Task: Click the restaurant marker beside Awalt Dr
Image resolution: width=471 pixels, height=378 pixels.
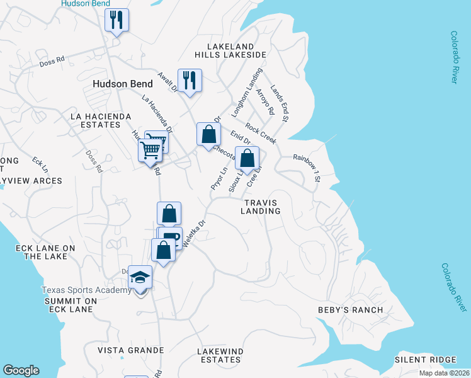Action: tap(189, 81)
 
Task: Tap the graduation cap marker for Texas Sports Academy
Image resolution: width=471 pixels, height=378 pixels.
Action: tap(140, 278)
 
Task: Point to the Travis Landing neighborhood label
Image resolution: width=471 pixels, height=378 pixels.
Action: tap(260, 207)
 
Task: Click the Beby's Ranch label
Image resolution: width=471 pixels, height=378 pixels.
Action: tap(359, 310)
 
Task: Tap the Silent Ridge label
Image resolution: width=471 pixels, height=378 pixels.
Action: tap(425, 360)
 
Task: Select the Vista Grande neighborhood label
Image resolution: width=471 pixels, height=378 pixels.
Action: tap(130, 350)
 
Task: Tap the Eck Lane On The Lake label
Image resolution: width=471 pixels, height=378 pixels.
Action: tap(45, 252)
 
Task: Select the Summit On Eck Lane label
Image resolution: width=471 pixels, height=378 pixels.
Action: tap(71, 306)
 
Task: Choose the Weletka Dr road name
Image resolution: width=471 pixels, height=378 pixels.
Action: tap(193, 234)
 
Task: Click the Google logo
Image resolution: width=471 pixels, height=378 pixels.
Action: tap(21, 370)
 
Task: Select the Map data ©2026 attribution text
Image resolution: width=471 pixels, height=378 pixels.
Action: tap(443, 373)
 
